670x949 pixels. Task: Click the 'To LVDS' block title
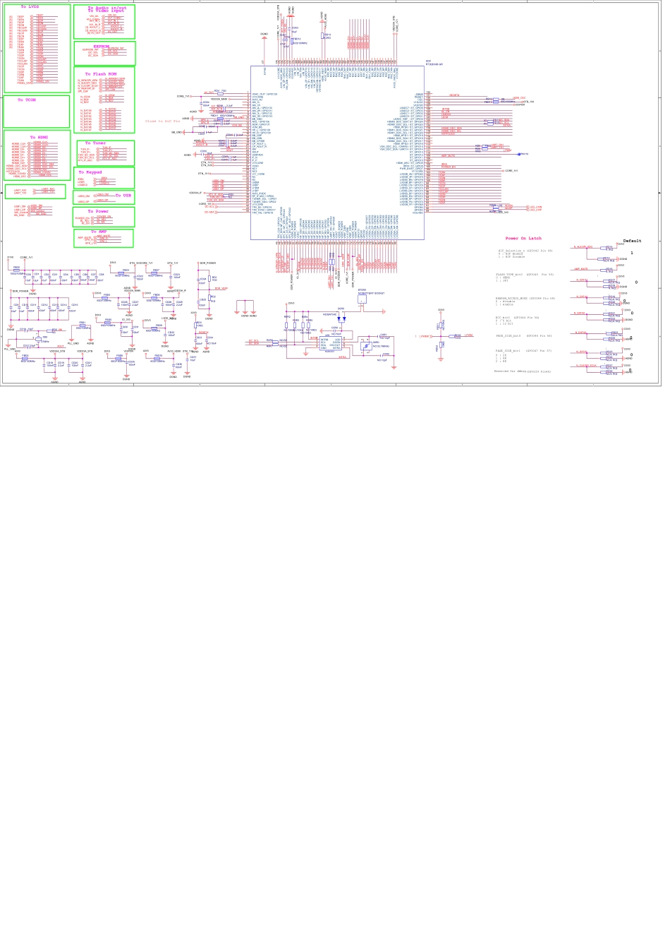tap(30, 6)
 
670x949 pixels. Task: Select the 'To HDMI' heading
tap(38, 138)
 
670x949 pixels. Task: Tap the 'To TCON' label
tap(26, 100)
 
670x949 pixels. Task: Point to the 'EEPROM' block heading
tap(102, 46)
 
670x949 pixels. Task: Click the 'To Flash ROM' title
tap(101, 73)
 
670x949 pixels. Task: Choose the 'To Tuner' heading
tap(95, 143)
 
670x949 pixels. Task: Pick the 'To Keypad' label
tap(90, 172)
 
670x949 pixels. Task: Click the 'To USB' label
tap(123, 196)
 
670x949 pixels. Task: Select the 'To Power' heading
tap(98, 211)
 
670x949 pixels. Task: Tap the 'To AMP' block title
tap(98, 232)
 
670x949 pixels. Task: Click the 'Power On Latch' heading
tap(523, 239)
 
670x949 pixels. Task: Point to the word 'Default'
tap(632, 241)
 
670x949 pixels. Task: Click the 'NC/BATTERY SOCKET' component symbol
tap(362, 299)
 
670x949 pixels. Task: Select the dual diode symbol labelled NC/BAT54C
tap(340, 318)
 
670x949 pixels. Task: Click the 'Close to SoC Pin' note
tap(163, 121)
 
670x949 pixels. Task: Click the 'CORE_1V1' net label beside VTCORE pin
tap(511, 171)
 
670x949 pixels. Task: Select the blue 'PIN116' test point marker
tap(523, 154)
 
